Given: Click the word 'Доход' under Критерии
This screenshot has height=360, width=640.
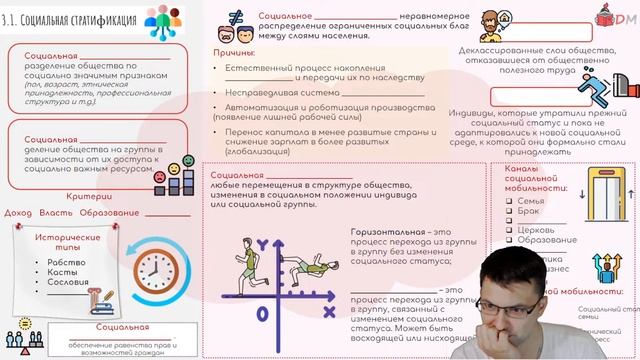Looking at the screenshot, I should click(18, 212).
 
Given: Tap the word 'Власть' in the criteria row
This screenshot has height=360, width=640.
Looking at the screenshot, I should click(55, 212).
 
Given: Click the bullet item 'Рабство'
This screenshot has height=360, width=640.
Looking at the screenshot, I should click(62, 262).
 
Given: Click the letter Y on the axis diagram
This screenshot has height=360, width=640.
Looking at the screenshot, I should click(263, 244).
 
